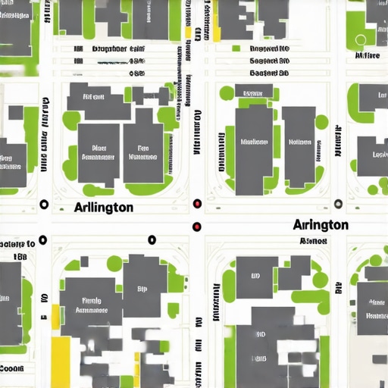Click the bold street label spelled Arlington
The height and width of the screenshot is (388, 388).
[x=104, y=207]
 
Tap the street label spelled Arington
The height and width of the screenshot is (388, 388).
[x=320, y=225]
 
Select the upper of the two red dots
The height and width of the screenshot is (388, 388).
[x=197, y=203]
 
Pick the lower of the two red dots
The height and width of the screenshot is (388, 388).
[x=197, y=226]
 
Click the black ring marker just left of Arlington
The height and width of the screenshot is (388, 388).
[x=43, y=205]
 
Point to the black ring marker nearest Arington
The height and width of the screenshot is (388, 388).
[x=337, y=203]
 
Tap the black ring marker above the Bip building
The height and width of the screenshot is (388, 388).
[x=152, y=239]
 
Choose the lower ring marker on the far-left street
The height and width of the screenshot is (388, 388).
[x=42, y=239]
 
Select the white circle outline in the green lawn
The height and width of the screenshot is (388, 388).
[x=360, y=39]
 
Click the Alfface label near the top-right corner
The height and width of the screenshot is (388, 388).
[x=367, y=55]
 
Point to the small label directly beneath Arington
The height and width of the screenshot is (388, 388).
[x=312, y=241]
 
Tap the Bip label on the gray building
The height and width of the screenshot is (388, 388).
[x=142, y=289]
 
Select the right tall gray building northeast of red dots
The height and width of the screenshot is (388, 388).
[x=299, y=145]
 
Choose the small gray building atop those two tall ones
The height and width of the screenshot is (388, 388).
[x=253, y=92]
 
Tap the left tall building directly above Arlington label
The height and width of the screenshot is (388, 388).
[x=99, y=153]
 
